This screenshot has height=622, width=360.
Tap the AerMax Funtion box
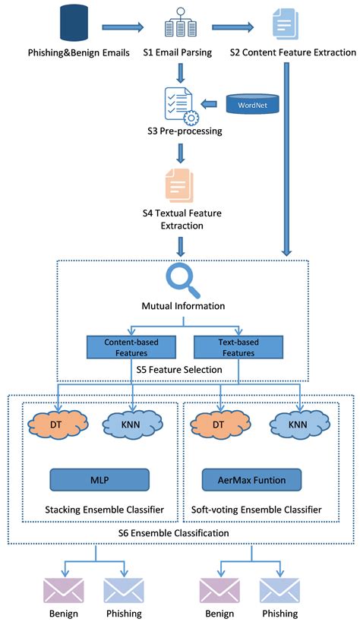[x=251, y=479]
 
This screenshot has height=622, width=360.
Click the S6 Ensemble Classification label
[x=181, y=534]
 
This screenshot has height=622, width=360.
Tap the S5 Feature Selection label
[x=180, y=369]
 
